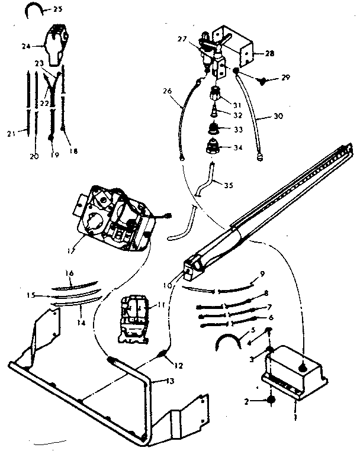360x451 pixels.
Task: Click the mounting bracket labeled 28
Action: [237, 47]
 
